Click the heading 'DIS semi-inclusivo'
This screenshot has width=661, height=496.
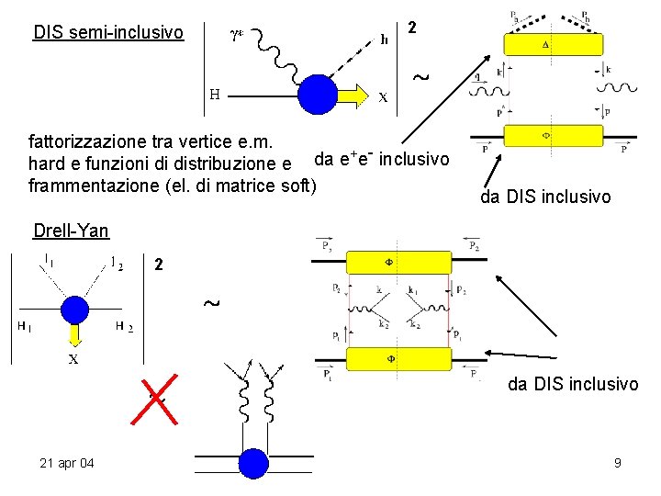(108, 34)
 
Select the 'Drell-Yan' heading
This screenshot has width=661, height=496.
(70, 231)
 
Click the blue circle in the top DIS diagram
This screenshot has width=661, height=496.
(320, 93)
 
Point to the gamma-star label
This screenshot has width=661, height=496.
(237, 37)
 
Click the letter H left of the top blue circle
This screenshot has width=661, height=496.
(213, 94)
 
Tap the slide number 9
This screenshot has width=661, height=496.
(618, 463)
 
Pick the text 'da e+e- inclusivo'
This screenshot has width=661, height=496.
(382, 159)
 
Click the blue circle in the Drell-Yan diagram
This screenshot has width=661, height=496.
(73, 309)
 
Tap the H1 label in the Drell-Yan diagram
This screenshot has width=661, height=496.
(23, 326)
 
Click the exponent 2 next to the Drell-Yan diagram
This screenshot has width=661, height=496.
(160, 265)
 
